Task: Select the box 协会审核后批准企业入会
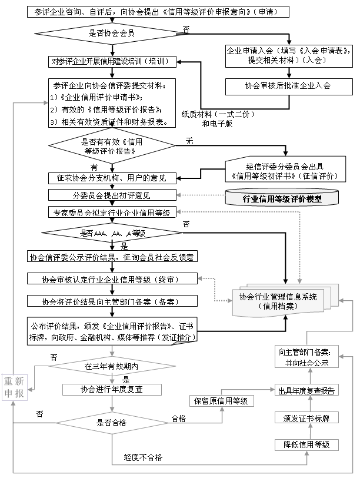click(x=288, y=85)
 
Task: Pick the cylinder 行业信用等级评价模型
click(x=282, y=198)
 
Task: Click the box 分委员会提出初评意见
click(x=111, y=195)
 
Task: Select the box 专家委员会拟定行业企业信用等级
click(x=111, y=213)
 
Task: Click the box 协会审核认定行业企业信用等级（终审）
click(x=111, y=278)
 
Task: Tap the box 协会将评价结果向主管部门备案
click(x=111, y=301)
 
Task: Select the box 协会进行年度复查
click(x=111, y=389)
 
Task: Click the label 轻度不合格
click(x=143, y=457)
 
